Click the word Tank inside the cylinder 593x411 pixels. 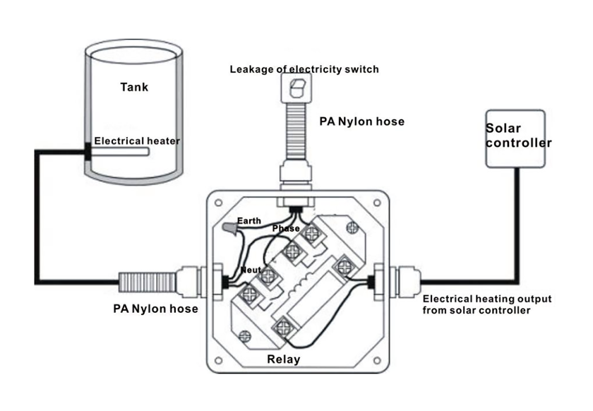133,88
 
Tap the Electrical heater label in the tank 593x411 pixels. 137,141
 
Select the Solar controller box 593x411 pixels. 515,138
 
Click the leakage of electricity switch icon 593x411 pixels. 296,88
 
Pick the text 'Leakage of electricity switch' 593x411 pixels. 304,69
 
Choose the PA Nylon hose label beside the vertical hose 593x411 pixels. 361,121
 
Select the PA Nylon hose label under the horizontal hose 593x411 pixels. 155,309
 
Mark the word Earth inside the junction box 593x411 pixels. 248,222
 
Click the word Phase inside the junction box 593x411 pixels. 286,229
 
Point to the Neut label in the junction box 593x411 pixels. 250,270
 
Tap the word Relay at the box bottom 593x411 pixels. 283,359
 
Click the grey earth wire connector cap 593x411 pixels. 229,229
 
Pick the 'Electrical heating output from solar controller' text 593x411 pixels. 486,304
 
